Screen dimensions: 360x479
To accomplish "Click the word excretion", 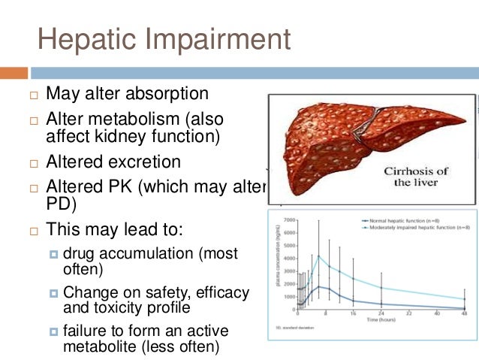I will (x=146, y=162).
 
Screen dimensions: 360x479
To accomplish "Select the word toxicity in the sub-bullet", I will (x=116, y=307).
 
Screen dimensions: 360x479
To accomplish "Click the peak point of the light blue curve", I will (x=318, y=256).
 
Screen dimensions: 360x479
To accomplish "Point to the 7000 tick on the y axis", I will (x=288, y=221).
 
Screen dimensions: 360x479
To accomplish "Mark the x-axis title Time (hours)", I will (x=381, y=322).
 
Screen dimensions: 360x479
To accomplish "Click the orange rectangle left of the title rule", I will (x=14, y=73).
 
